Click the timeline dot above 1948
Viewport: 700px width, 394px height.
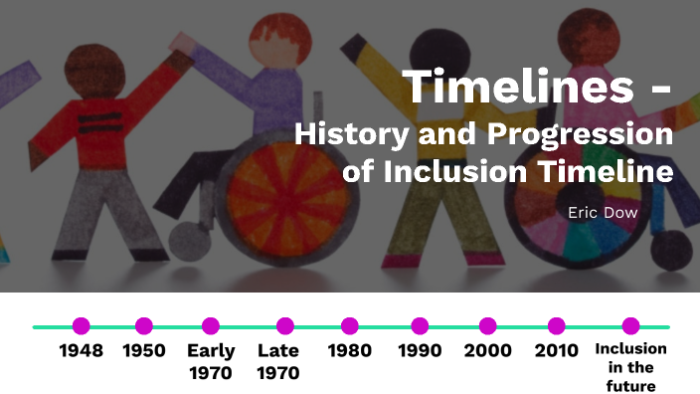coord(82,325)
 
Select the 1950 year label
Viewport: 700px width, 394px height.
coord(144,350)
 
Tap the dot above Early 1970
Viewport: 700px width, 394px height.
coord(211,325)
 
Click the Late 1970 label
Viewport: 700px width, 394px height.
coord(278,362)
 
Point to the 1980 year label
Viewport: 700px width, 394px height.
coord(349,350)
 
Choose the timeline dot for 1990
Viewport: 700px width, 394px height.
coord(420,325)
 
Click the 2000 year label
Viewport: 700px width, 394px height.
coord(487,350)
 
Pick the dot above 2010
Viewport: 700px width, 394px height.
coord(557,325)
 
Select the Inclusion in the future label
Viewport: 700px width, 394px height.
coord(630,367)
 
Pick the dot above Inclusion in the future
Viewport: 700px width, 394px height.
coord(630,325)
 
